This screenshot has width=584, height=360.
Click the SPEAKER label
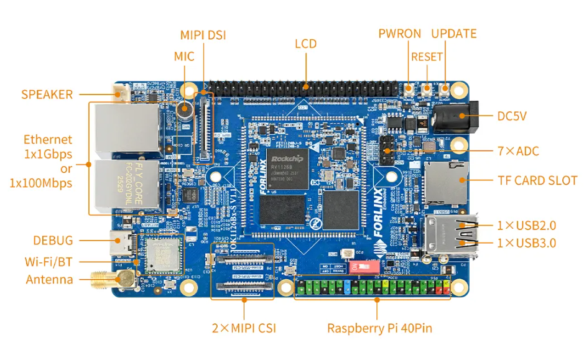pyautogui.click(x=47, y=95)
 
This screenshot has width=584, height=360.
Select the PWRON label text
pyautogui.click(x=399, y=34)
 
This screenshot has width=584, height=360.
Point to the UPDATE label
pyautogui.click(x=454, y=34)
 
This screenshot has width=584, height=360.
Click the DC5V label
pyautogui.click(x=512, y=116)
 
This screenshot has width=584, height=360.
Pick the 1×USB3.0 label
pyautogui.click(x=527, y=243)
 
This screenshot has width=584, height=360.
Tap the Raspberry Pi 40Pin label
pyautogui.click(x=379, y=328)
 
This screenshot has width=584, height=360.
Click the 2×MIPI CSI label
pyautogui.click(x=244, y=328)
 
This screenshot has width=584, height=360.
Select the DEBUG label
pyautogui.click(x=53, y=241)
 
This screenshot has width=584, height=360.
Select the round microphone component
pyautogui.click(x=183, y=110)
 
